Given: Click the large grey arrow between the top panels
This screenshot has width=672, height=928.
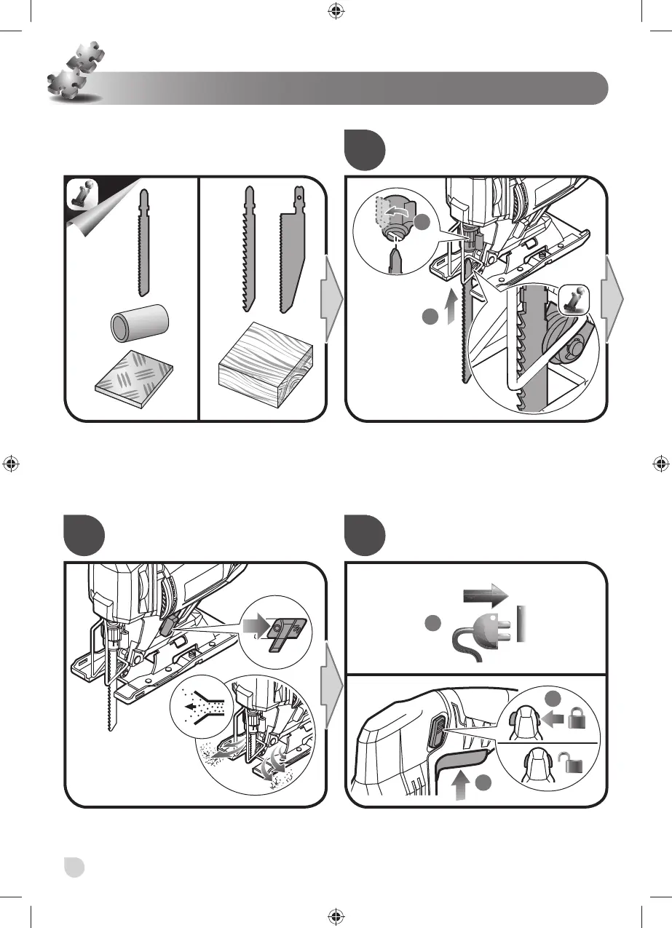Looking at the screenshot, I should tap(330, 298).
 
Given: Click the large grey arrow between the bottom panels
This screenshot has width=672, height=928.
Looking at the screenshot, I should tap(330, 684).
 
